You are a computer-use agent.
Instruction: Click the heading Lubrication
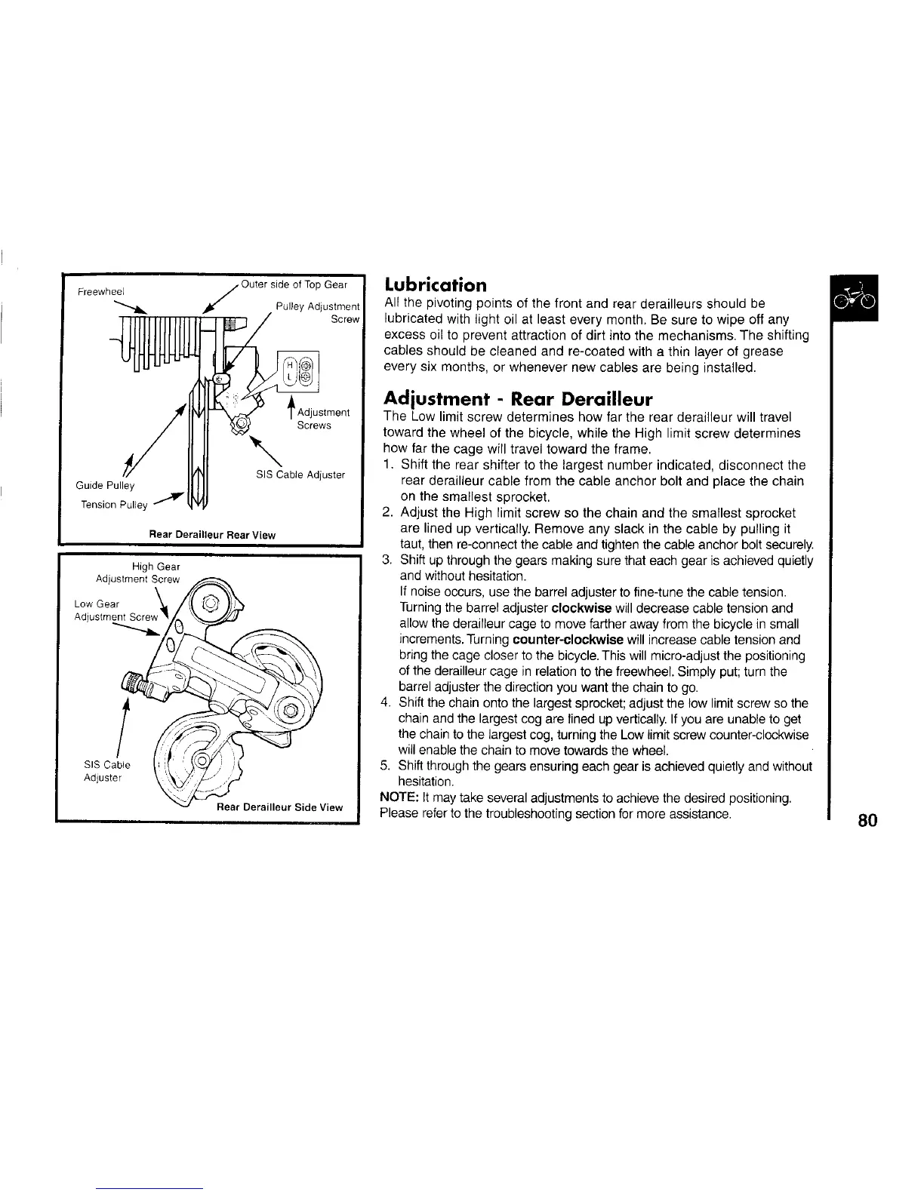point(436,285)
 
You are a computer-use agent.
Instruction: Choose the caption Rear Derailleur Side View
point(279,807)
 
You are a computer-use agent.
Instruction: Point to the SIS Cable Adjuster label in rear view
point(300,475)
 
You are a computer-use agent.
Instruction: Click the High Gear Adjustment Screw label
point(139,573)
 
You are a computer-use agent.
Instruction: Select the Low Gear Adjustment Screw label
point(115,610)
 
